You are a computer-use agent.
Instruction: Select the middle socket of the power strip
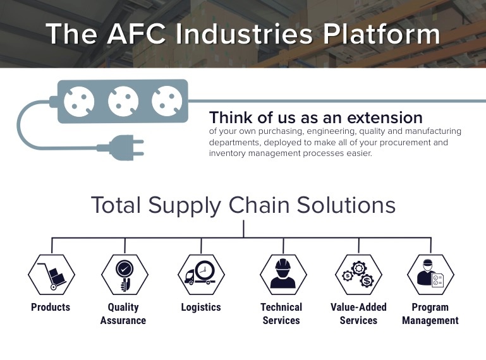(x=123, y=100)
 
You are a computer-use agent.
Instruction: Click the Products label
(x=51, y=308)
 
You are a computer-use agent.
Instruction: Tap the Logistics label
(x=201, y=308)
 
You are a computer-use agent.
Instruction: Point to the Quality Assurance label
(x=123, y=314)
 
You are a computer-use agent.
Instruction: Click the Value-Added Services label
(x=358, y=314)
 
